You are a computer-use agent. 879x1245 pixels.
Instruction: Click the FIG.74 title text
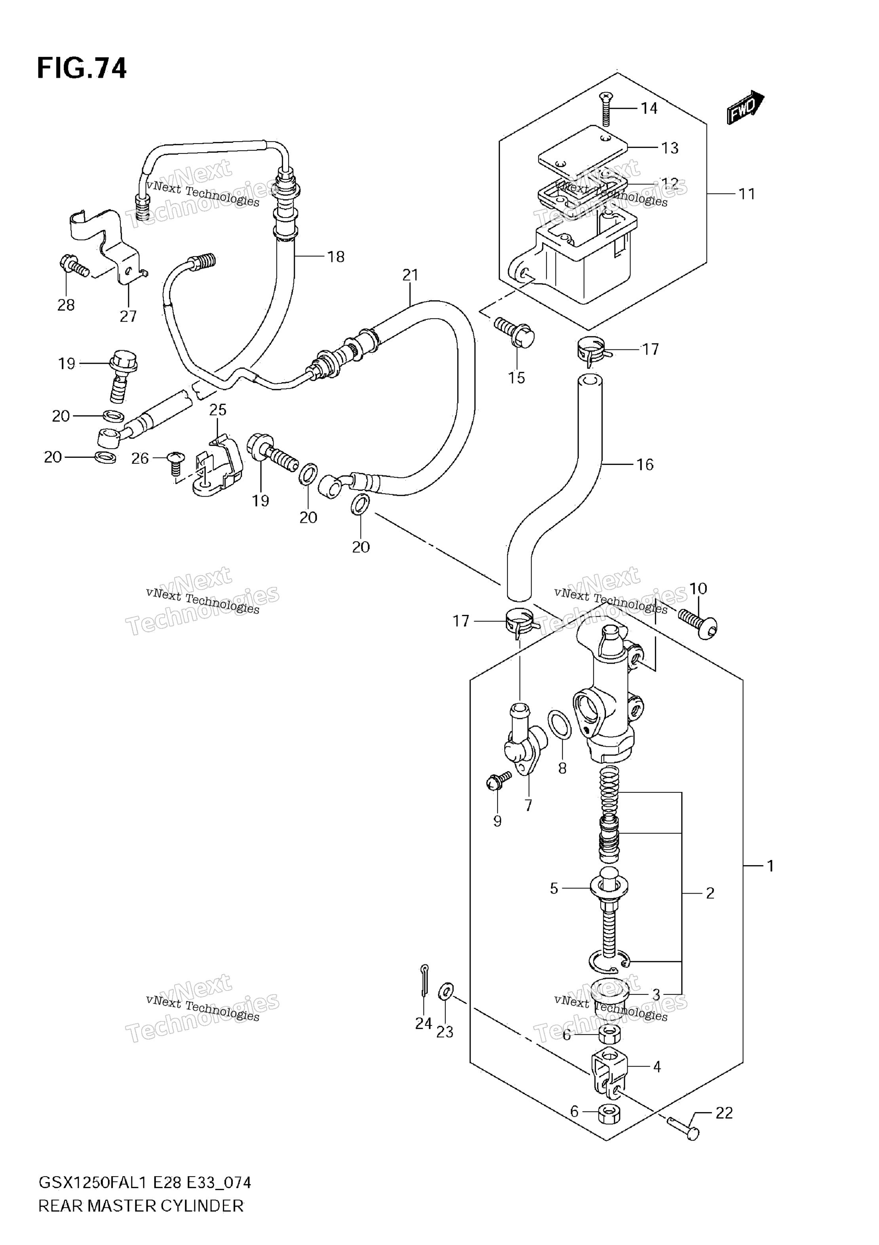[82, 69]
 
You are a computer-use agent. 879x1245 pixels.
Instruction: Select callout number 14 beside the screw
[649, 108]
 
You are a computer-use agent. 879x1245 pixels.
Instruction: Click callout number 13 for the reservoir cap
[670, 148]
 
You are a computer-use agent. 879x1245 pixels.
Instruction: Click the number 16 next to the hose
[644, 464]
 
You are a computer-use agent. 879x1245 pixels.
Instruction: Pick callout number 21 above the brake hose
[410, 275]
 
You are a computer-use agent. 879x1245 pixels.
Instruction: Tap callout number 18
[336, 256]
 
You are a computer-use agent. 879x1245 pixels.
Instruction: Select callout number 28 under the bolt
[66, 305]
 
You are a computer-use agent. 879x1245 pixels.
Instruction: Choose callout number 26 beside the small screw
[140, 459]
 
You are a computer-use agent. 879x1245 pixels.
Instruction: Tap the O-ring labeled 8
[560, 725]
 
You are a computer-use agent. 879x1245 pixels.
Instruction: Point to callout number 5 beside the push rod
[554, 888]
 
